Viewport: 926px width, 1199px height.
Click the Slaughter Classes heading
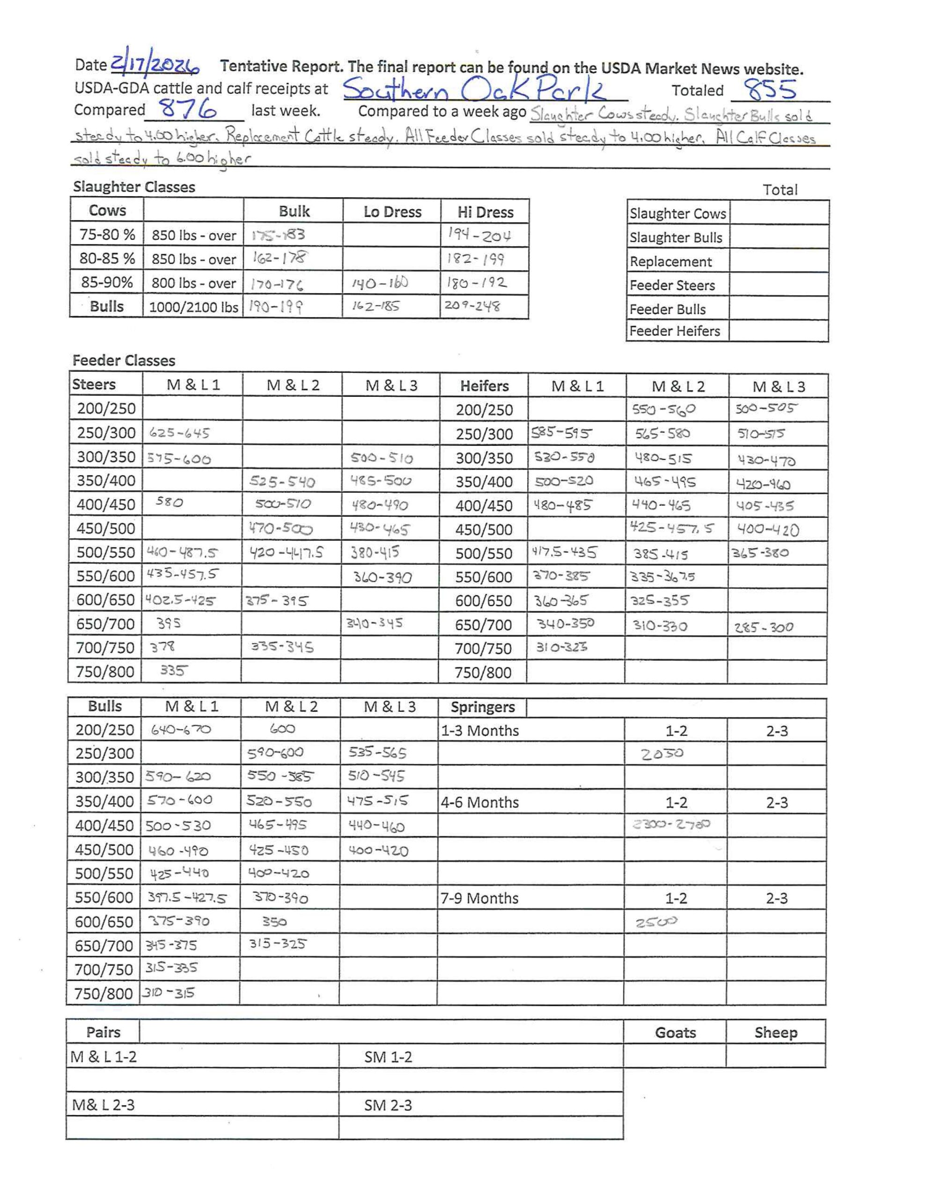[134, 187]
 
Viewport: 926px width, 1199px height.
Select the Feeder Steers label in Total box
[672, 286]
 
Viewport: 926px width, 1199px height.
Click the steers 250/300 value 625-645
[179, 433]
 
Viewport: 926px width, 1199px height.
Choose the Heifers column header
[484, 386]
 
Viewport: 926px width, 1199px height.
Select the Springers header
[483, 707]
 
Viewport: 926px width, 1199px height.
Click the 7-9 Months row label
[479, 898]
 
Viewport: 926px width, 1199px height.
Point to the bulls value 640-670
[181, 730]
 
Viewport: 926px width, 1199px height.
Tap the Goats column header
[675, 1033]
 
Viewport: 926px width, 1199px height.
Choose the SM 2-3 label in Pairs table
[388, 1105]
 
